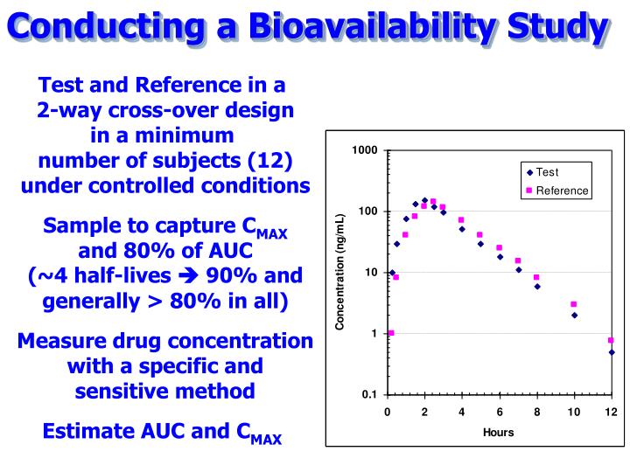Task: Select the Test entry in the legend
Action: pyautogui.click(x=548, y=172)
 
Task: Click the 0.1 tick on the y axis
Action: pyautogui.click(x=368, y=394)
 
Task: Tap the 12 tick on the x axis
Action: pyautogui.click(x=611, y=412)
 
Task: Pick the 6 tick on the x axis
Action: pyautogui.click(x=500, y=412)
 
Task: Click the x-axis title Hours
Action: pyautogui.click(x=498, y=432)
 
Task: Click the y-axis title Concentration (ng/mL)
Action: pyautogui.click(x=340, y=272)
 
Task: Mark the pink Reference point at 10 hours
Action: pyautogui.click(x=574, y=304)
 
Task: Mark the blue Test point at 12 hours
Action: pyautogui.click(x=612, y=352)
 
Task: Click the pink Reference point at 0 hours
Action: pyautogui.click(x=391, y=333)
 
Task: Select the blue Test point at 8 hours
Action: pyautogui.click(x=537, y=286)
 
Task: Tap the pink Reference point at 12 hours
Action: pyautogui.click(x=611, y=340)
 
